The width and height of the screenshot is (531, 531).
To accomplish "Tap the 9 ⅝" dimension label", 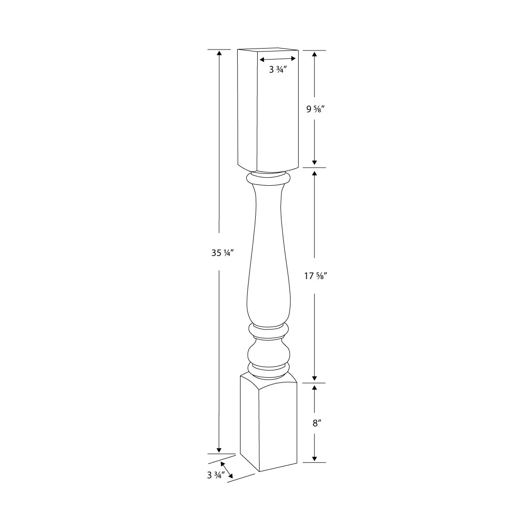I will pos(315,108).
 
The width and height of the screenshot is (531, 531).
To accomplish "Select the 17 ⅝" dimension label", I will pos(315,276).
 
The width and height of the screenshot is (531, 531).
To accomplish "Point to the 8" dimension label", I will pos(315,423).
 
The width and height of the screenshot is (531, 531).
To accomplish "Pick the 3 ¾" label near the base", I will pos(215,475).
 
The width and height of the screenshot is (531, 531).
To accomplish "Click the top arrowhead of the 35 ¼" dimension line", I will pos(219,52).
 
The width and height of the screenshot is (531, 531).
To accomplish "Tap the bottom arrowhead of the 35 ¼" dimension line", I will pos(219,450).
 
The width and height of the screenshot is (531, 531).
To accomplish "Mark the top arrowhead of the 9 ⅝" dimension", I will pos(314,53).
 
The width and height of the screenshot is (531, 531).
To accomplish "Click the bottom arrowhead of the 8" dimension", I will pos(314,459).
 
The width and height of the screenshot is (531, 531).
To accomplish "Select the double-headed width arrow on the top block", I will pos(278,59).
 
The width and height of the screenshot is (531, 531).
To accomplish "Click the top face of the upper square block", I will pos(268,50).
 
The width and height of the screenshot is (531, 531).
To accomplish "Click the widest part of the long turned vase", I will pos(268,300).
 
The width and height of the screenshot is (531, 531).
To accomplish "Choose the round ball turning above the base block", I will pos(268,353).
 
